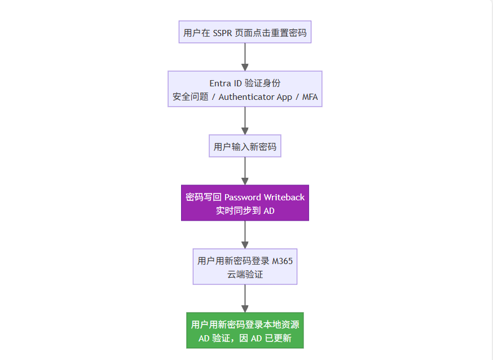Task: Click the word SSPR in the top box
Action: pyautogui.click(x=222, y=33)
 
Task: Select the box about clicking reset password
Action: pyautogui.click(x=245, y=32)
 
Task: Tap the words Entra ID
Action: pyautogui.click(x=226, y=84)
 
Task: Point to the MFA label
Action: pyautogui.click(x=310, y=97)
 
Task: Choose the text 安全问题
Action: pyautogui.click(x=190, y=97)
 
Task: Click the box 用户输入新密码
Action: pyautogui.click(x=245, y=146)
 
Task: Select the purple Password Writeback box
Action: pyautogui.click(x=245, y=203)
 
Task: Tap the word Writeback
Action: pyautogui.click(x=284, y=197)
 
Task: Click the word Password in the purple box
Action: pyautogui.click(x=243, y=197)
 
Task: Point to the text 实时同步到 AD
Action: pyautogui.click(x=245, y=210)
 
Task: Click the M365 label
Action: pyautogui.click(x=283, y=261)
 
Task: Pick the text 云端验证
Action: pyautogui.click(x=245, y=274)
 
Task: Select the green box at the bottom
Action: pyautogui.click(x=245, y=330)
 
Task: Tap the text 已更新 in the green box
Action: pyautogui.click(x=278, y=339)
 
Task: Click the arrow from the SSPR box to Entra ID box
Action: pyautogui.click(x=245, y=57)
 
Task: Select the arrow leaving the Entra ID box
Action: pyautogui.click(x=245, y=121)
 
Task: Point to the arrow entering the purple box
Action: pyautogui.click(x=245, y=171)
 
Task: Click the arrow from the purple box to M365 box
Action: pyautogui.click(x=245, y=235)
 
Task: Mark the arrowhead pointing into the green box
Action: pyautogui.click(x=245, y=309)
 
